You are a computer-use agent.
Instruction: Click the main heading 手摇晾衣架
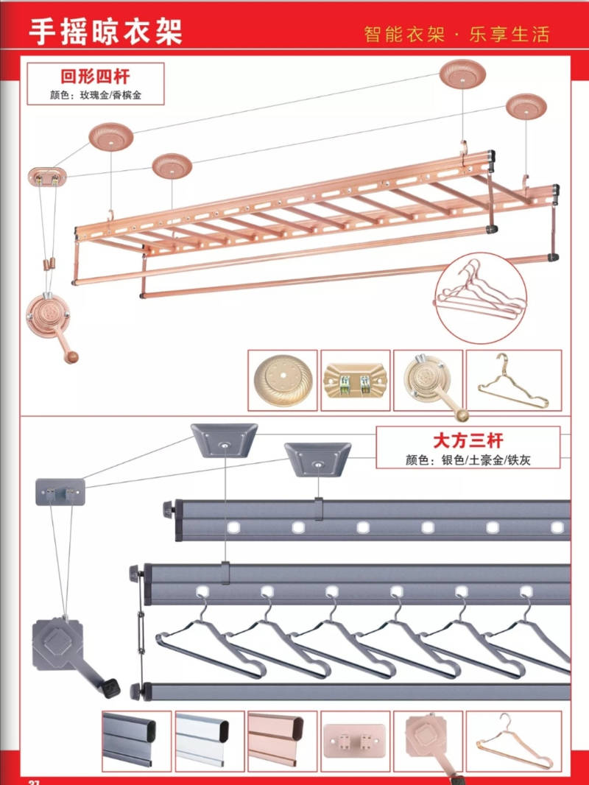click(105, 32)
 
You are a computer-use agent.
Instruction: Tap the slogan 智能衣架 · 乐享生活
click(456, 34)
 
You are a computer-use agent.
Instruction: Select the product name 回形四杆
click(94, 75)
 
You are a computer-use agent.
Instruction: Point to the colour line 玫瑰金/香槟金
click(94, 95)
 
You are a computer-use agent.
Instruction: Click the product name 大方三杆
click(468, 440)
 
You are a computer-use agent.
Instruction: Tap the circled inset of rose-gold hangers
click(481, 297)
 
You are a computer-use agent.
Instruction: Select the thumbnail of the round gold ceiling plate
click(282, 380)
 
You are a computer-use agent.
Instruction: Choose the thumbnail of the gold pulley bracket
click(355, 380)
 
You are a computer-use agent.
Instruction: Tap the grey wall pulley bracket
click(60, 490)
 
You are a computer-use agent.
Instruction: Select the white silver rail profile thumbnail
click(209, 740)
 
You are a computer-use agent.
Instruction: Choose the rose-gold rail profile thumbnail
click(282, 740)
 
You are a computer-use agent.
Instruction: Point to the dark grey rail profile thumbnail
click(137, 740)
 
